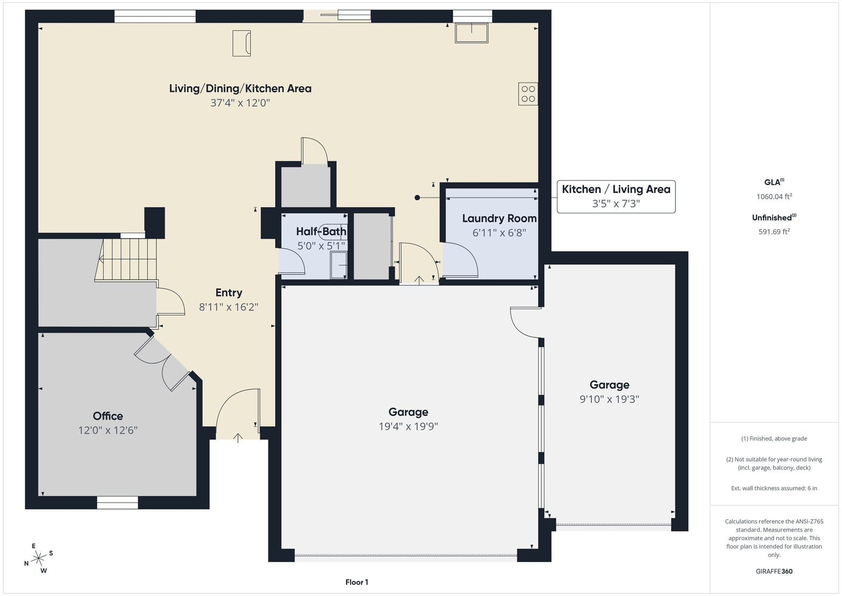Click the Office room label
click(x=108, y=416)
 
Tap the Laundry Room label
click(x=499, y=218)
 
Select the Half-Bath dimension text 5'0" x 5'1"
click(x=321, y=246)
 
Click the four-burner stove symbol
click(x=528, y=94)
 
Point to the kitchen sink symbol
click(x=471, y=33)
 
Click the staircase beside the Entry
click(x=126, y=260)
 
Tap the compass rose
click(x=39, y=558)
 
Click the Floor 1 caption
click(x=357, y=582)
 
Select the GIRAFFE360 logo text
click(x=774, y=571)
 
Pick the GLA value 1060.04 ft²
click(x=774, y=196)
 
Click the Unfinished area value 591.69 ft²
click(x=774, y=232)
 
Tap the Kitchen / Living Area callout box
click(x=616, y=196)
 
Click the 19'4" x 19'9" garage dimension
click(x=408, y=426)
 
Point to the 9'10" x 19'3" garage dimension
click(x=609, y=399)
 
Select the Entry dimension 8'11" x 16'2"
click(x=229, y=307)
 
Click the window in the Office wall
click(x=117, y=502)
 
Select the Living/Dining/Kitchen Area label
click(x=240, y=89)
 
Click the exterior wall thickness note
click(x=774, y=488)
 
